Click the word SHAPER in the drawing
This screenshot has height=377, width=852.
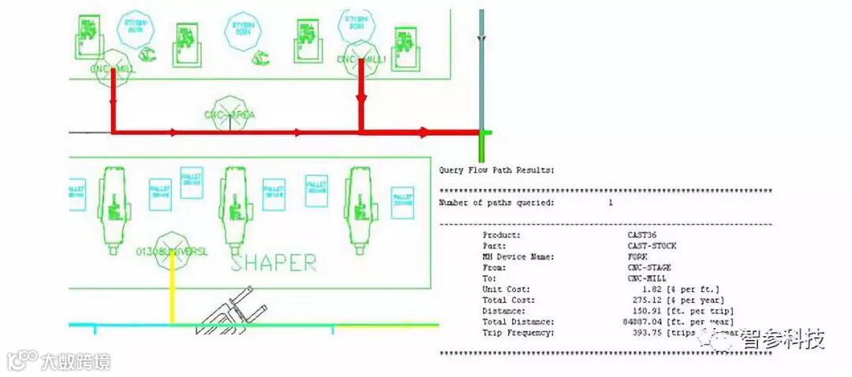(x=274, y=263)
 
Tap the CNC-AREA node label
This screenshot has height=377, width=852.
(x=230, y=115)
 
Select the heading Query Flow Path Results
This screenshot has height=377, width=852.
(x=496, y=170)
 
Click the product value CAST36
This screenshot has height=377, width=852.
(x=641, y=235)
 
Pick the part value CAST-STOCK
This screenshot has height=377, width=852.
(x=648, y=246)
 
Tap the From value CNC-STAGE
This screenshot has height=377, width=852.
(x=648, y=267)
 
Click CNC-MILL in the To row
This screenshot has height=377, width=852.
(x=646, y=278)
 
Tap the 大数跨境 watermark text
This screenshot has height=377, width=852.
(x=76, y=361)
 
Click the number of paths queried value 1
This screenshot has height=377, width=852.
(x=610, y=203)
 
